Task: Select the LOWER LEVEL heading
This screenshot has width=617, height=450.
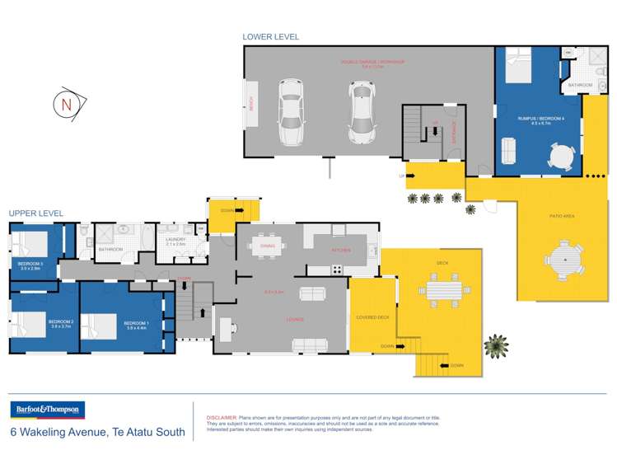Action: click(270, 37)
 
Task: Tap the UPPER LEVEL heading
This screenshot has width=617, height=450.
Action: click(35, 213)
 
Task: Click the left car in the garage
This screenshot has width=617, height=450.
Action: click(292, 112)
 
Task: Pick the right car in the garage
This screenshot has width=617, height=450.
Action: click(360, 112)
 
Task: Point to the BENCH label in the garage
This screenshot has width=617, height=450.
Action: click(251, 104)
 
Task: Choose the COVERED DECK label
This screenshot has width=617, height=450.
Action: click(372, 317)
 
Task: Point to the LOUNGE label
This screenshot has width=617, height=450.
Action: click(296, 319)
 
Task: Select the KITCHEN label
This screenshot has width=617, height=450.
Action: click(341, 250)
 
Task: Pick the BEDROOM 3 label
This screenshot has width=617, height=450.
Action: click(30, 265)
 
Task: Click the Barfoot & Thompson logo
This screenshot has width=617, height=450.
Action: click(47, 410)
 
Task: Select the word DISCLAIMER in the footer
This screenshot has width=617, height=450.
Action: click(220, 418)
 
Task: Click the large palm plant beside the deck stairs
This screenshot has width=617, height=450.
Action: click(496, 346)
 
